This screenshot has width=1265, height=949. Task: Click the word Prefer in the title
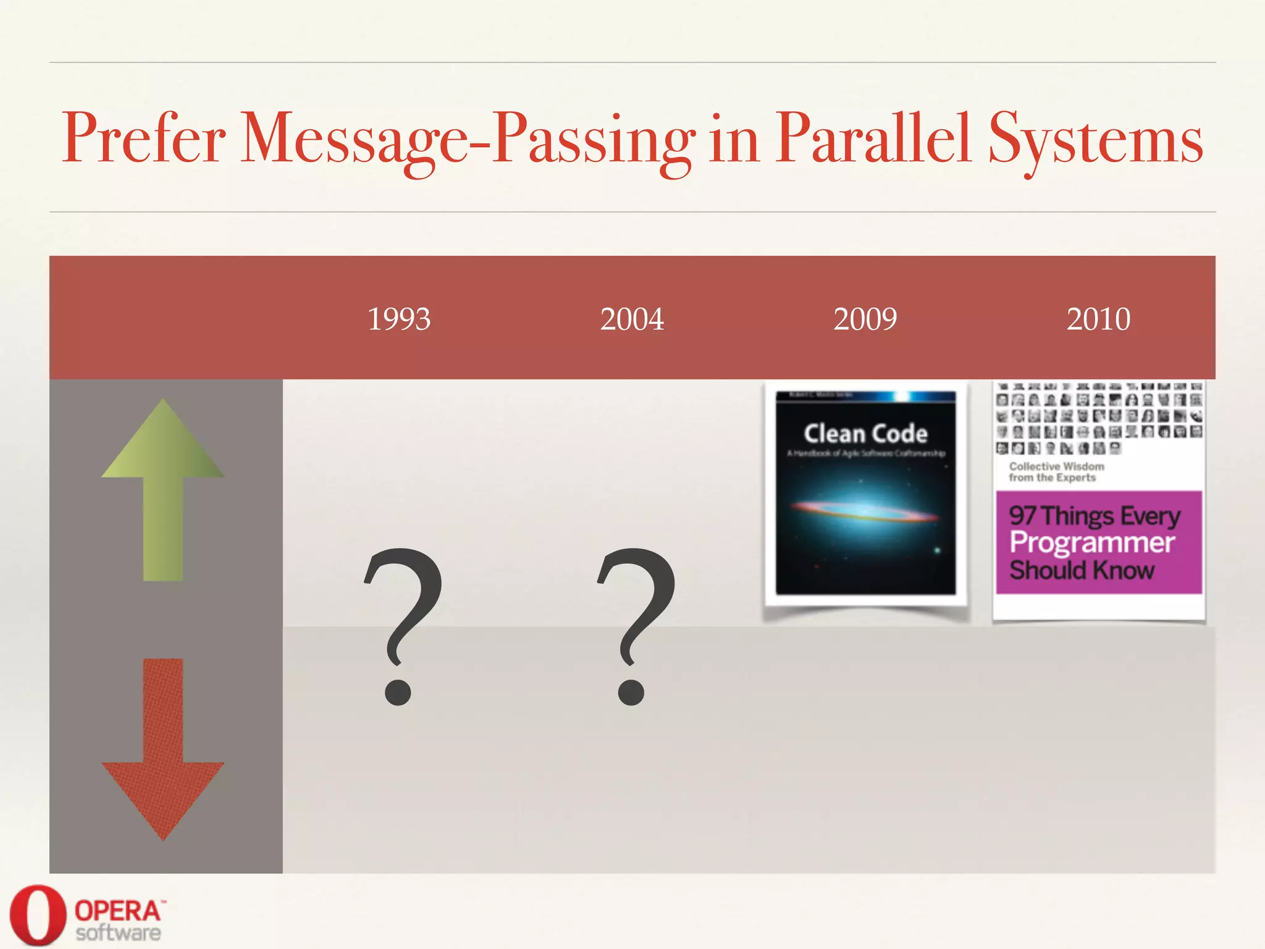click(x=143, y=139)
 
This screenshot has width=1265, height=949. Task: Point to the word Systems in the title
click(x=1096, y=139)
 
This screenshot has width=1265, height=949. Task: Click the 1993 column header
click(x=399, y=319)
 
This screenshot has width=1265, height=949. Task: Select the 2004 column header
click(x=632, y=319)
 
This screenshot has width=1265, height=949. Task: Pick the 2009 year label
click(x=865, y=319)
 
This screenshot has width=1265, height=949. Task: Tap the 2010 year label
click(x=1098, y=319)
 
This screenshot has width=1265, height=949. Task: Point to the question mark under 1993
click(x=403, y=624)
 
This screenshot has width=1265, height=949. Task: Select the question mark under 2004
click(x=636, y=624)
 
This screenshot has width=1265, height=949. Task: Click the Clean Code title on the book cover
click(x=865, y=434)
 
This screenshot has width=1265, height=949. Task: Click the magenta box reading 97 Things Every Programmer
click(x=1098, y=542)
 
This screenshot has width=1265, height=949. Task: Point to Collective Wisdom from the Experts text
click(x=1056, y=472)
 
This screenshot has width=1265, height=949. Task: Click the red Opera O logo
click(x=37, y=915)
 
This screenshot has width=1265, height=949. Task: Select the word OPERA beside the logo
click(x=117, y=911)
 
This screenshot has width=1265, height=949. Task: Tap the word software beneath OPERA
click(x=118, y=933)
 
